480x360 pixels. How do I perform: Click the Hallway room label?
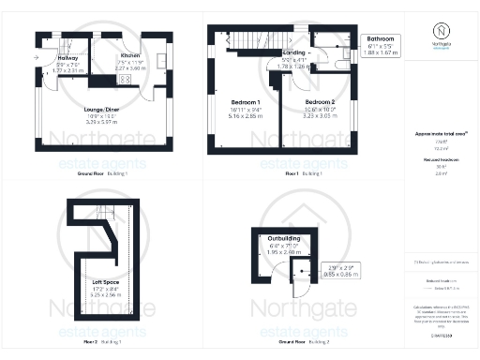pyautogui.click(x=66, y=57)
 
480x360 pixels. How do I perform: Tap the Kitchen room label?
pyautogui.click(x=129, y=55)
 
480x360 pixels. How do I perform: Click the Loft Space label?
pyautogui.click(x=103, y=281)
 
